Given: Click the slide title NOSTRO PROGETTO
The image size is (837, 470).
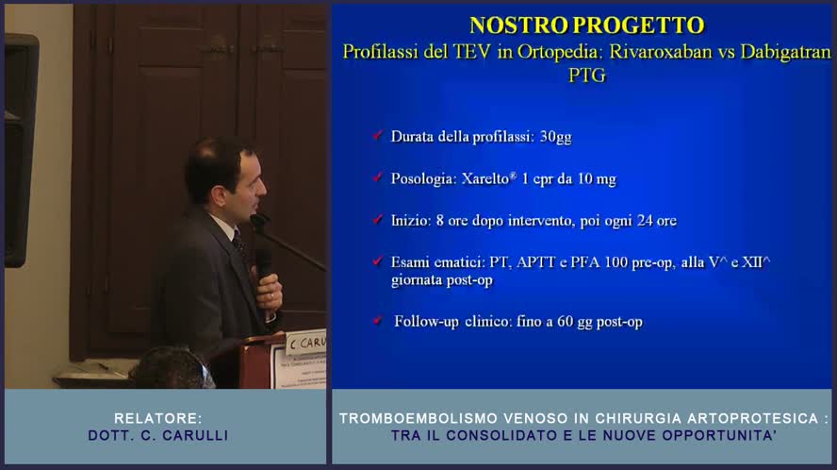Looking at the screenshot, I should (x=586, y=25).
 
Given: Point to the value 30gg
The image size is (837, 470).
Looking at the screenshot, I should (x=555, y=136).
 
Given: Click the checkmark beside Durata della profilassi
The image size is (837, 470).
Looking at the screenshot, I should (x=377, y=136).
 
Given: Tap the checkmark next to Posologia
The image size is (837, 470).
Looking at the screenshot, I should (x=377, y=177).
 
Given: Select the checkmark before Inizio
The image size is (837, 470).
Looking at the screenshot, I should (x=377, y=220).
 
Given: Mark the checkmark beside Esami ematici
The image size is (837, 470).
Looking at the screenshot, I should (x=377, y=262).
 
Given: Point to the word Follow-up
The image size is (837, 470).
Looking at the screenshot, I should (x=427, y=322).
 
